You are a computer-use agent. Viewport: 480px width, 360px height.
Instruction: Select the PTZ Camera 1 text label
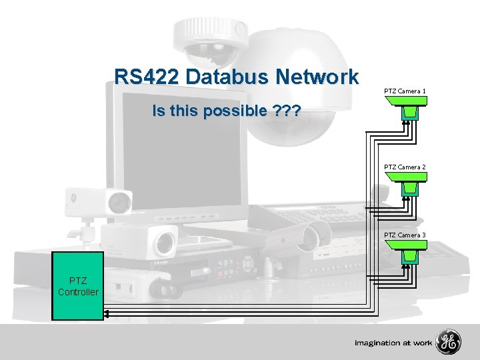(405, 91)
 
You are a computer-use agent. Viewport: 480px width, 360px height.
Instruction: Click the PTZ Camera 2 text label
(405, 167)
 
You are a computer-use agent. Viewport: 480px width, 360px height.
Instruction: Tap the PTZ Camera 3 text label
(405, 235)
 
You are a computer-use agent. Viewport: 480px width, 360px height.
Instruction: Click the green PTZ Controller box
(78, 286)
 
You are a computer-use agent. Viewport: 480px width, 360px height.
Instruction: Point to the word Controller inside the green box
(78, 292)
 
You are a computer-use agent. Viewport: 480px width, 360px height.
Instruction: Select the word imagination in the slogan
(377, 343)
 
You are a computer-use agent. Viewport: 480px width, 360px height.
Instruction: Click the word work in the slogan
(421, 343)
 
